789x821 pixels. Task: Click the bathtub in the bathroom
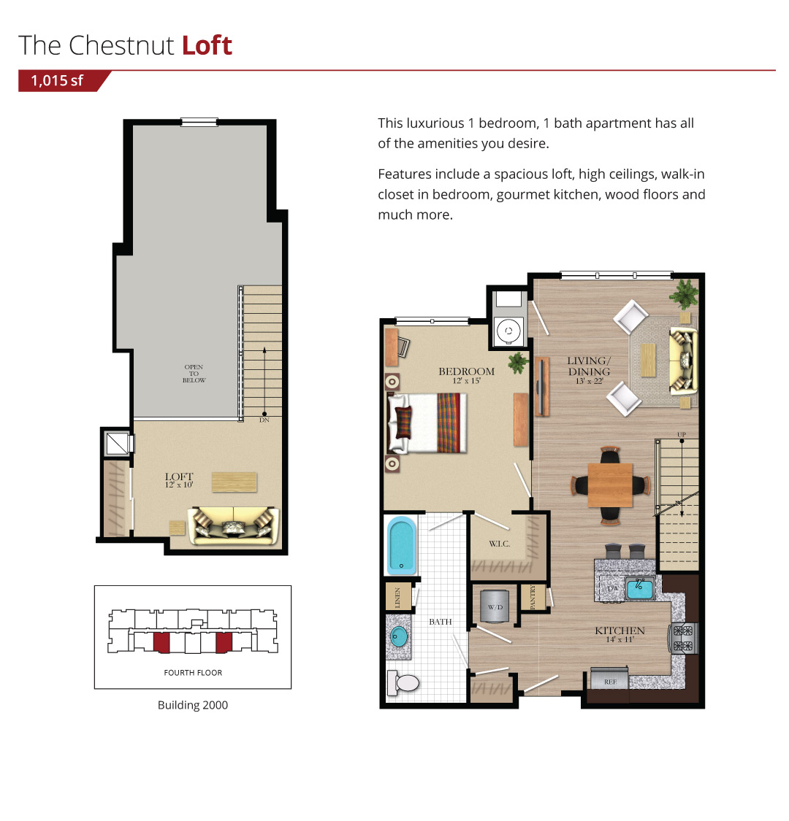click(x=402, y=546)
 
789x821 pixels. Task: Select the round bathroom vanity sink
click(x=399, y=636)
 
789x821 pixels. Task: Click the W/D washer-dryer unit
click(x=495, y=606)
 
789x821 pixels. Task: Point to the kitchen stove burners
click(x=683, y=639)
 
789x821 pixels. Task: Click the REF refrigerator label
click(x=610, y=682)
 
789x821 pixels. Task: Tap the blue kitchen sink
click(x=640, y=588)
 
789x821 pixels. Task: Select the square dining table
click(x=610, y=485)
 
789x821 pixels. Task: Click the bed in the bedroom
click(x=427, y=423)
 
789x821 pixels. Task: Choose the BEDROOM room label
click(x=467, y=371)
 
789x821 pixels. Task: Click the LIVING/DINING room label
click(x=590, y=366)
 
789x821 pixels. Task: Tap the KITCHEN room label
click(x=620, y=631)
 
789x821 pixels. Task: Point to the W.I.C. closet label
click(x=500, y=544)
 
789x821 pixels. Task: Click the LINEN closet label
click(x=397, y=598)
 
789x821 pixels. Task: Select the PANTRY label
click(x=533, y=598)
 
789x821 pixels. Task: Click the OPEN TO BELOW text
click(x=194, y=374)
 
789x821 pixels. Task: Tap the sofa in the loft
click(x=233, y=525)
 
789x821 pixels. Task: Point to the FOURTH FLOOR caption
click(x=193, y=672)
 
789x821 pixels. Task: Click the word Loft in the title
click(x=207, y=45)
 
